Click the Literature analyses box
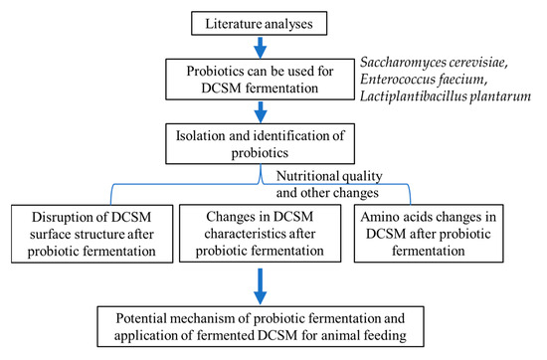tap(272, 20)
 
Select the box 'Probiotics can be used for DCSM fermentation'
tap(272, 83)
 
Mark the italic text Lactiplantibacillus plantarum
tap(456, 100)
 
